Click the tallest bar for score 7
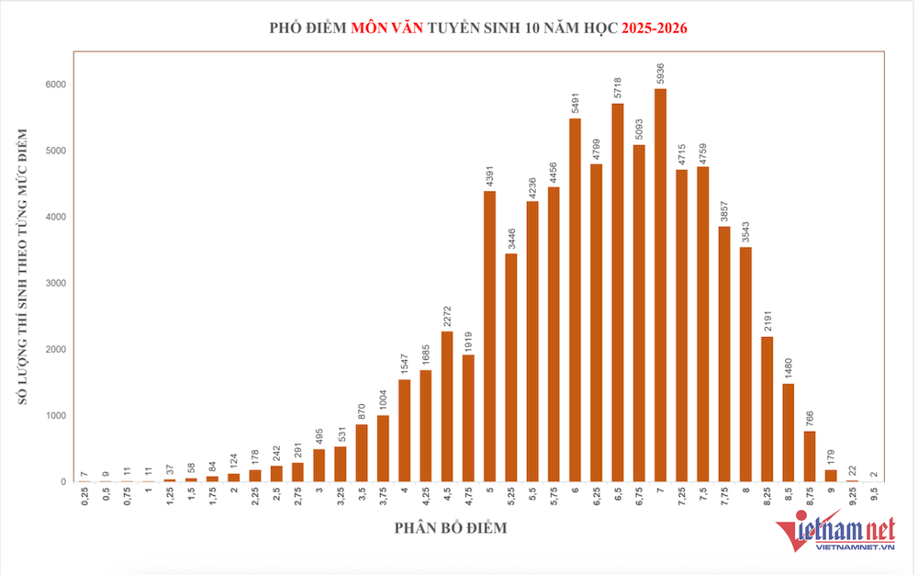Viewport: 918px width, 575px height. click(661, 285)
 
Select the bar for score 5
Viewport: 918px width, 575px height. click(490, 336)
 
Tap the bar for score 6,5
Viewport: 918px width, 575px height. click(618, 292)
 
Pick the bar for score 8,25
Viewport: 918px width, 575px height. click(767, 409)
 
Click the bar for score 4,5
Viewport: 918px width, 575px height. click(447, 406)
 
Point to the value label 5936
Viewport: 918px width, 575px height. click(661, 73)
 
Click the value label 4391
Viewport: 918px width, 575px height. click(490, 175)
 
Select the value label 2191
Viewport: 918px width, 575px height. click(767, 321)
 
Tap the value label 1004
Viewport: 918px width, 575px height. click(383, 400)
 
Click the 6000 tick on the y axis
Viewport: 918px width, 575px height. click(58, 85)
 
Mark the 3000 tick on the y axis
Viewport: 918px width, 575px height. click(58, 284)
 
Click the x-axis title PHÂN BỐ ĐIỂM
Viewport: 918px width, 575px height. click(451, 528)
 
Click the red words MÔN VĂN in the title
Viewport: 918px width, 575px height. click(386, 28)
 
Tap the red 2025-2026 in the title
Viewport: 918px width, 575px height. click(654, 28)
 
